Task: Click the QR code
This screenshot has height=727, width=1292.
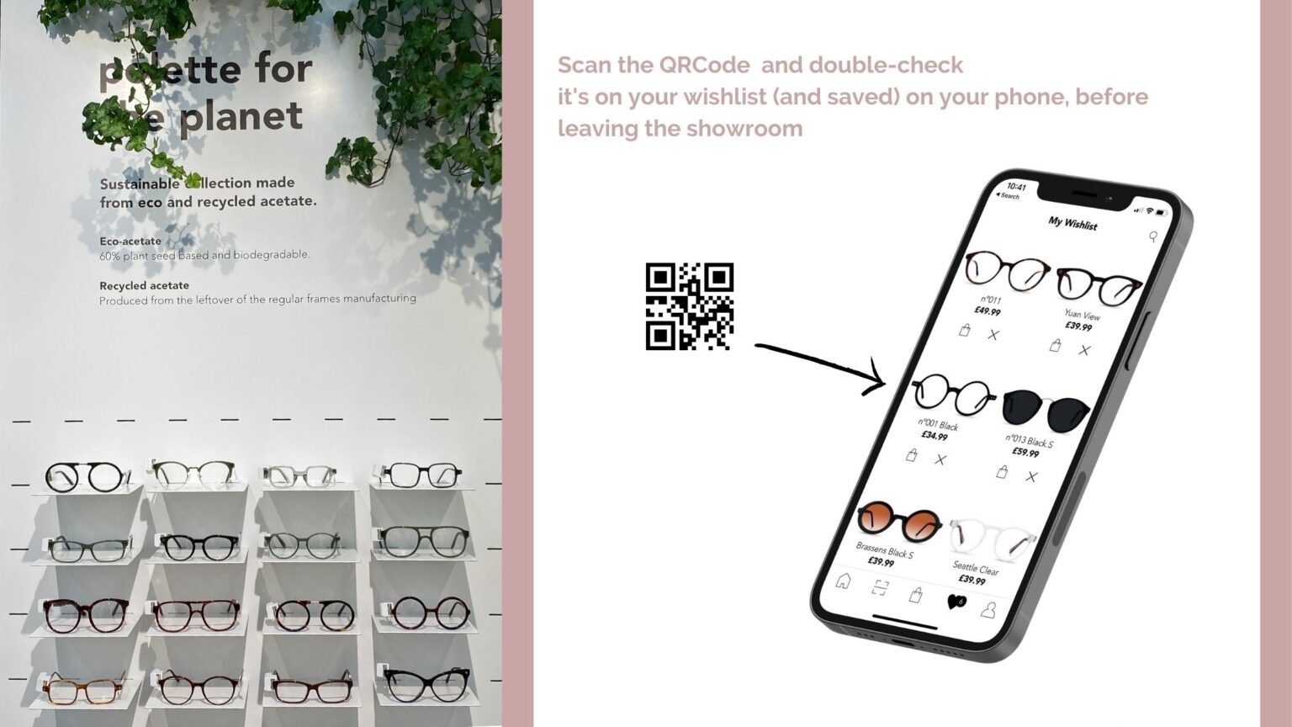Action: point(689,306)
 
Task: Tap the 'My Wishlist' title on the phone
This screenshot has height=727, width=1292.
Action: point(1072,223)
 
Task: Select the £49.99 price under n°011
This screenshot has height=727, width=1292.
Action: point(987,311)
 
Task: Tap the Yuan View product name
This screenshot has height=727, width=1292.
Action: point(1082,316)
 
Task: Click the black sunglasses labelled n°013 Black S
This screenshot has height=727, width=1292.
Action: point(1046,410)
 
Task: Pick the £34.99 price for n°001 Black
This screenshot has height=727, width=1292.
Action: point(935,436)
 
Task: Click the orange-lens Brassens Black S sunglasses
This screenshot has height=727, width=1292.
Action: point(898,523)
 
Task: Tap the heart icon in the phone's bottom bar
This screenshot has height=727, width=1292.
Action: point(956,602)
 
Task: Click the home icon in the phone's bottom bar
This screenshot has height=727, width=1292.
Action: point(843,581)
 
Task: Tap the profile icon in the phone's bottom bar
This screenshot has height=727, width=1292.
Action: point(988,610)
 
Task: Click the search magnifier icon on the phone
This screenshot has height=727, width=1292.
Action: point(1153,237)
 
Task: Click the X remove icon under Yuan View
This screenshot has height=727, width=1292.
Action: point(1084,350)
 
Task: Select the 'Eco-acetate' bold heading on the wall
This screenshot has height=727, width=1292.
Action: point(130,241)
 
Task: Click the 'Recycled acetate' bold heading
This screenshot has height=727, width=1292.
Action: point(144,286)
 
